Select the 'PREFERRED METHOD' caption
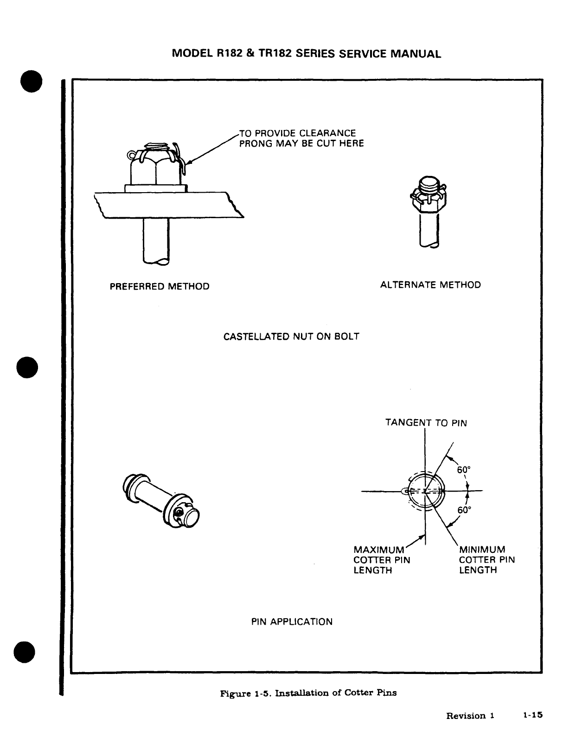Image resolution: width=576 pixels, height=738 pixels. (x=160, y=286)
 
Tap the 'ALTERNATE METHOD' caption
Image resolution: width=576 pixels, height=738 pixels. (x=430, y=285)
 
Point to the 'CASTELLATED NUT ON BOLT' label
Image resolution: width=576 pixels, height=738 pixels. (x=291, y=337)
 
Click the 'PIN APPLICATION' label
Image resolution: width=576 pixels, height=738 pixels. (x=292, y=621)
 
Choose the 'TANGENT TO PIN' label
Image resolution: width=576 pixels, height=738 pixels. (x=426, y=423)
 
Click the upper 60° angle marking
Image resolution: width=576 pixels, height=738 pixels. (x=464, y=470)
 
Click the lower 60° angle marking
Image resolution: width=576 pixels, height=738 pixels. (x=464, y=510)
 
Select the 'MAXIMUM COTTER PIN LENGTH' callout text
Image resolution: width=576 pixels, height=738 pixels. (x=382, y=560)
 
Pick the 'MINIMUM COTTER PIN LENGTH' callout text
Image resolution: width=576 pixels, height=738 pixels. (x=487, y=560)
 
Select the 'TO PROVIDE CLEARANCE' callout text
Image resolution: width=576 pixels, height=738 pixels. (x=297, y=134)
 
